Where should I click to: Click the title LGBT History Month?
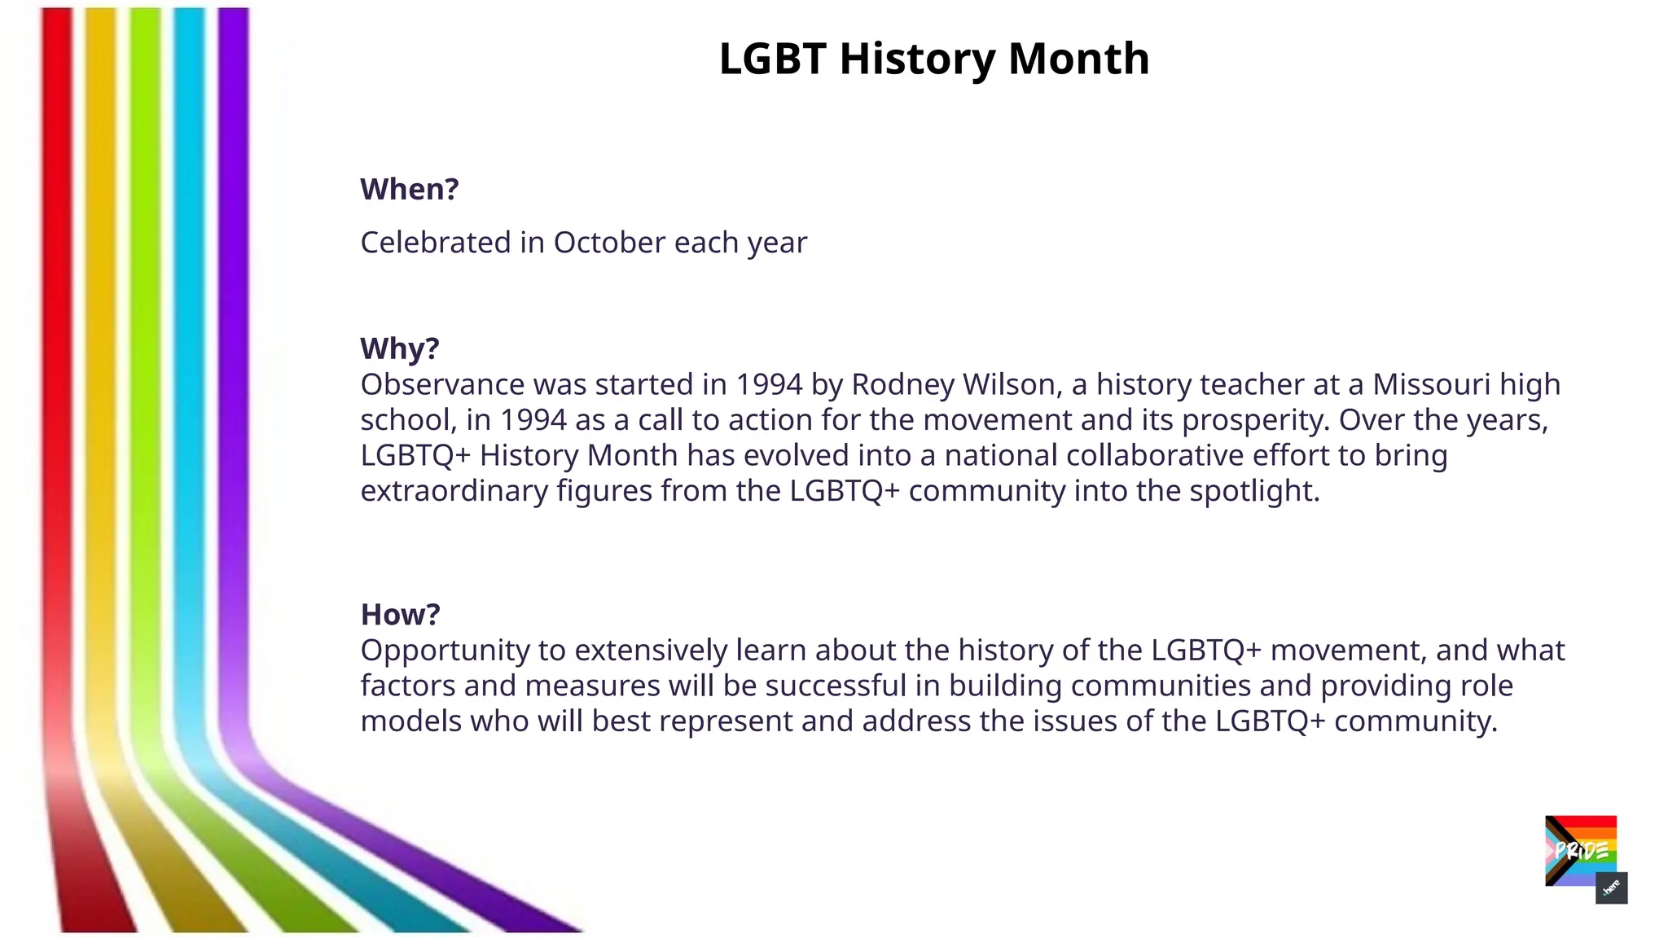(933, 59)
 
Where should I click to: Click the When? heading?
(410, 189)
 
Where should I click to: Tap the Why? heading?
(400, 348)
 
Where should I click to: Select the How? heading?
(400, 614)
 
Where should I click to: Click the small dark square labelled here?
(1611, 888)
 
